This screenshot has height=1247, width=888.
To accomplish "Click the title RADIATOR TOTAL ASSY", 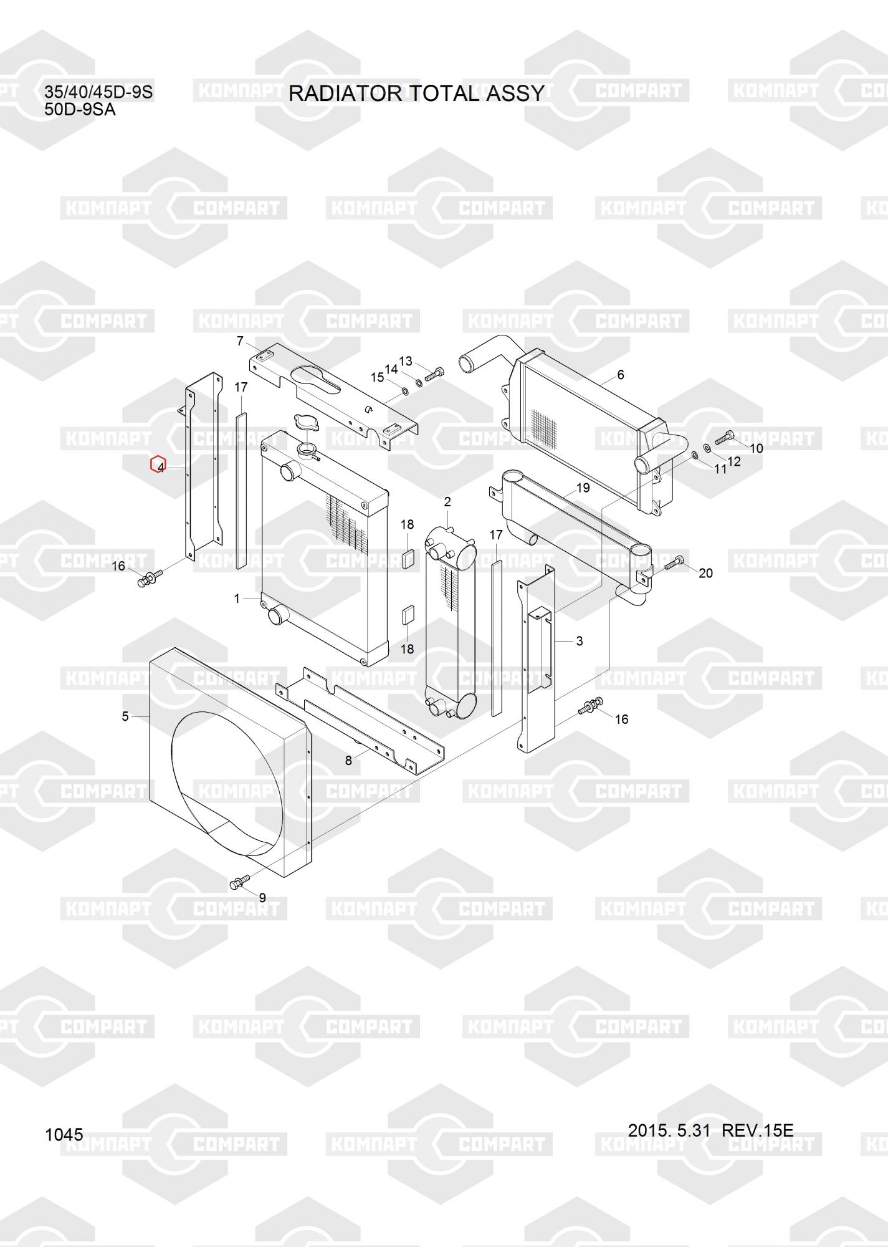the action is [x=416, y=93].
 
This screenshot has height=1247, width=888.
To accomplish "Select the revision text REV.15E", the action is [x=757, y=1130].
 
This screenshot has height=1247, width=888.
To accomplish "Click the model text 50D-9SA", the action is [x=80, y=110].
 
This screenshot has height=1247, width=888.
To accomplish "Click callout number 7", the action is [x=240, y=341].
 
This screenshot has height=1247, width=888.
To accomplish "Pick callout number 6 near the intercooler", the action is [x=620, y=375].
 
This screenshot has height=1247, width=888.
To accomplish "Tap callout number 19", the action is [x=583, y=488].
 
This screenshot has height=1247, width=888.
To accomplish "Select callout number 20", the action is [x=705, y=573].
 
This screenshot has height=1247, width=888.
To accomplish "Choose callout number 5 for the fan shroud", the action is [x=125, y=716].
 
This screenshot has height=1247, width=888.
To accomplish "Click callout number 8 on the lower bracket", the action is [x=348, y=760].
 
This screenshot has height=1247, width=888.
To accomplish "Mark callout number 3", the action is [x=579, y=641].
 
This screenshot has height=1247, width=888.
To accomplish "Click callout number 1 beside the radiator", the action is [x=237, y=599].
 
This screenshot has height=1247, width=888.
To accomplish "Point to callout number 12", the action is [x=734, y=462].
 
